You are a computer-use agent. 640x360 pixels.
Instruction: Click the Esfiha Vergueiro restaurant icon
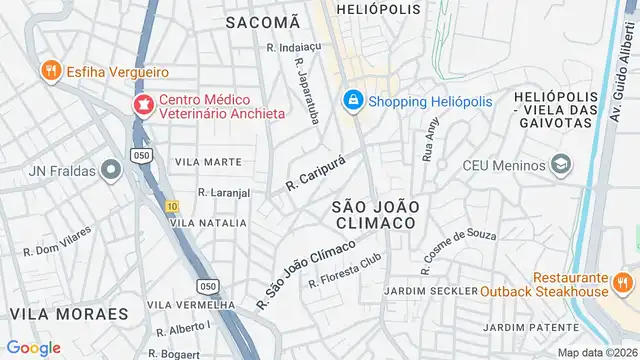48,72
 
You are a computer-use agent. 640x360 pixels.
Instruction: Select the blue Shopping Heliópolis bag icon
352,100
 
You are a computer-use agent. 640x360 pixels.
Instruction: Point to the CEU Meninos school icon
562,164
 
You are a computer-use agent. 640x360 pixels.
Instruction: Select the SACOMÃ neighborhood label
262,21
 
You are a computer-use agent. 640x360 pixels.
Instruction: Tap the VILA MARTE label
208,161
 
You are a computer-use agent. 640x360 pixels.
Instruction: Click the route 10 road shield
173,206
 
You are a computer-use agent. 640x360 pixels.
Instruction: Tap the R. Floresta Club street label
345,271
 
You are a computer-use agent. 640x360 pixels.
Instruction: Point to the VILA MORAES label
69,313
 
